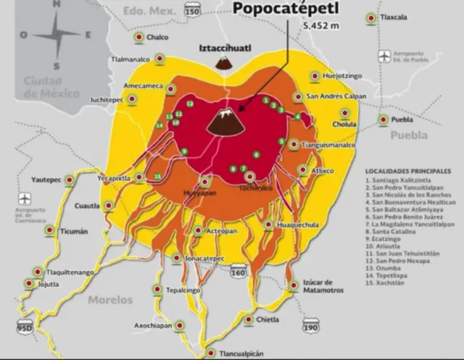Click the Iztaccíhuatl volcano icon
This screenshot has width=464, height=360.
click(224, 64)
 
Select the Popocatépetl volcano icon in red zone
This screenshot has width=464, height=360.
click(225, 124)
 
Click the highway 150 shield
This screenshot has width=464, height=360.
click(191, 12)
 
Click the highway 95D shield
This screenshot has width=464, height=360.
click(25, 326)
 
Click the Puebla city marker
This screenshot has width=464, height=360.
click(382, 120)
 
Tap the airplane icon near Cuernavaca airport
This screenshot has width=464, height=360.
click(25, 198)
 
